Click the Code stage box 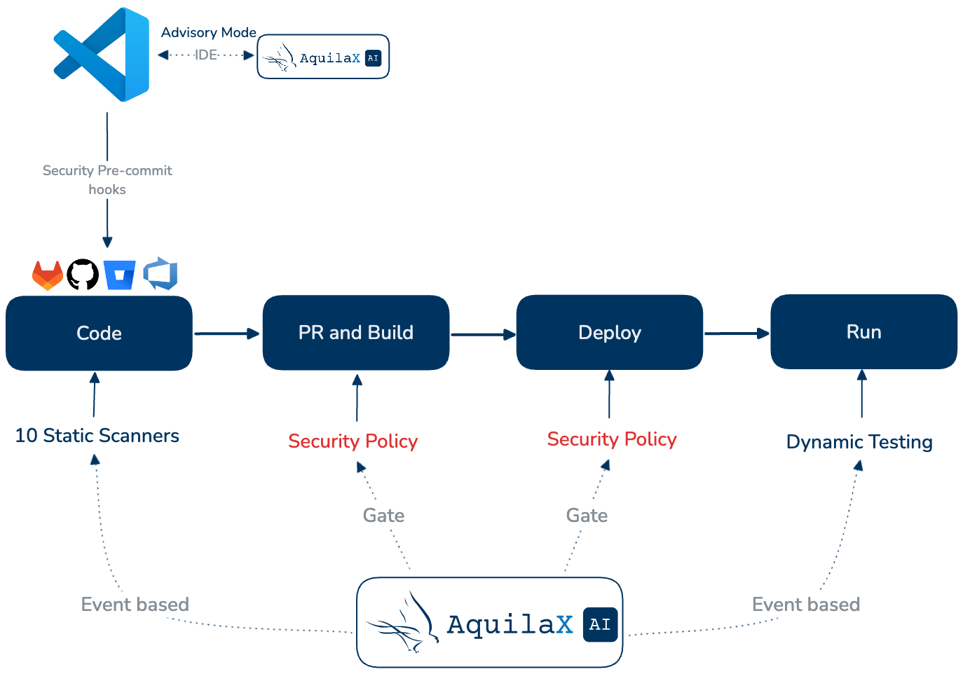[99, 333]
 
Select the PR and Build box [355, 333]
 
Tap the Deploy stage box [609, 332]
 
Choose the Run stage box [863, 332]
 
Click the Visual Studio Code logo [102, 55]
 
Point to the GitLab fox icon [48, 275]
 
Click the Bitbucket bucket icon [119, 275]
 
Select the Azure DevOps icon [160, 274]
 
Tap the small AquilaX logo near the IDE [323, 57]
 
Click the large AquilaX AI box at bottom [489, 623]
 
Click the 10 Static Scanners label [97, 436]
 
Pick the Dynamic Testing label [859, 442]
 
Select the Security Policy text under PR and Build [353, 441]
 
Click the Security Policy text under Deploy [612, 439]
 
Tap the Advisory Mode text [208, 32]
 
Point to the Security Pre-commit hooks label [107, 180]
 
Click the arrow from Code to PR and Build [226, 334]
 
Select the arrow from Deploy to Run [736, 333]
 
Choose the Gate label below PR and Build [383, 516]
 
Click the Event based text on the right [805, 605]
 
